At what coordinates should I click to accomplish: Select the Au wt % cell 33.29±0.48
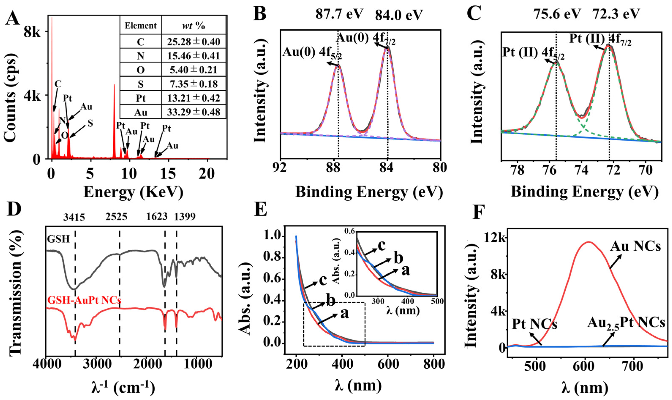point(193,112)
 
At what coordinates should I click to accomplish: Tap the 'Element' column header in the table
point(141,26)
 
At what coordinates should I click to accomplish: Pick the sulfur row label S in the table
point(141,84)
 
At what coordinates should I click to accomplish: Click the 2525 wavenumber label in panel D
point(116,216)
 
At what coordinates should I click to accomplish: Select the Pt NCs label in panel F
point(534,325)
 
